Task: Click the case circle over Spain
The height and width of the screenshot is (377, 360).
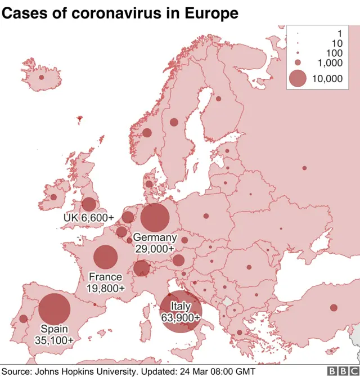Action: (55, 309)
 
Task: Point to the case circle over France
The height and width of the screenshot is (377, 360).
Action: (105, 257)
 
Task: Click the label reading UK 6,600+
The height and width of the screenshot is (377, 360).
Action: (89, 218)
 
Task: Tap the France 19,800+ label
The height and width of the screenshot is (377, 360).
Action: (105, 282)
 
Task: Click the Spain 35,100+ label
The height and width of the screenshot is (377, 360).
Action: (54, 335)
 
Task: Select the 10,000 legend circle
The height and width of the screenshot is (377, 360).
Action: (298, 78)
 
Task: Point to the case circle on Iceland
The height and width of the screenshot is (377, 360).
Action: (41, 78)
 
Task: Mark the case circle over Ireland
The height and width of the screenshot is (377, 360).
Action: (53, 197)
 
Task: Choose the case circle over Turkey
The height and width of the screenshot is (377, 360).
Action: (334, 308)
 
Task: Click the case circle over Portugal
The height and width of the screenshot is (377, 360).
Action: (23, 319)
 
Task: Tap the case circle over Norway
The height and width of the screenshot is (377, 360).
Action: (147, 133)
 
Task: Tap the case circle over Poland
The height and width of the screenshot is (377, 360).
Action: (206, 216)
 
